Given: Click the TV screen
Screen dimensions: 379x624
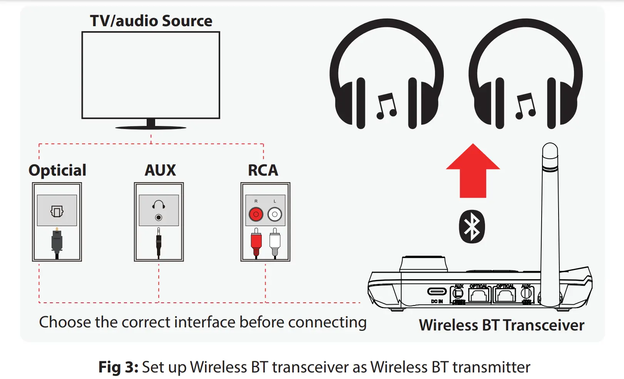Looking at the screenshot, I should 151,75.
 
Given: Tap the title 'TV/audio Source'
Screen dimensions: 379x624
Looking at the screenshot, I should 151,21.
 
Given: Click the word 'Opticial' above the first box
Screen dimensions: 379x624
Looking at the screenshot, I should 57,170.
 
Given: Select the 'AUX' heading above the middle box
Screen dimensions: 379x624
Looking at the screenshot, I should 160,170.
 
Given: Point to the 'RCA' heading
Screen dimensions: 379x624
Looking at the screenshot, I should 263,170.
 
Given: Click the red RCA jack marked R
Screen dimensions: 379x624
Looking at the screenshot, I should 256,214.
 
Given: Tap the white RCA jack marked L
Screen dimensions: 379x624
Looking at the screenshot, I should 275,214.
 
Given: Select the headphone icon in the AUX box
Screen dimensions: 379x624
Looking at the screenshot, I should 159,204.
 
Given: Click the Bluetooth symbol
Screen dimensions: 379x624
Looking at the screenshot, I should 472,226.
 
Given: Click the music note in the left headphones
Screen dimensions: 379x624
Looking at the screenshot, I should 386,106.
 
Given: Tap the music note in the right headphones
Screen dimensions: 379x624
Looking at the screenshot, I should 525,106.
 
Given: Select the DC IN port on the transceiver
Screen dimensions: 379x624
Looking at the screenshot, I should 437,292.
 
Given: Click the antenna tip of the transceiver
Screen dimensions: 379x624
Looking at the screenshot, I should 550,150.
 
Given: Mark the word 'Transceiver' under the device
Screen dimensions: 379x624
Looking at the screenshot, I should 543,325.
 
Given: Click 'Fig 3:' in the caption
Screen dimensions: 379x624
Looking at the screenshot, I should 118,367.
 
